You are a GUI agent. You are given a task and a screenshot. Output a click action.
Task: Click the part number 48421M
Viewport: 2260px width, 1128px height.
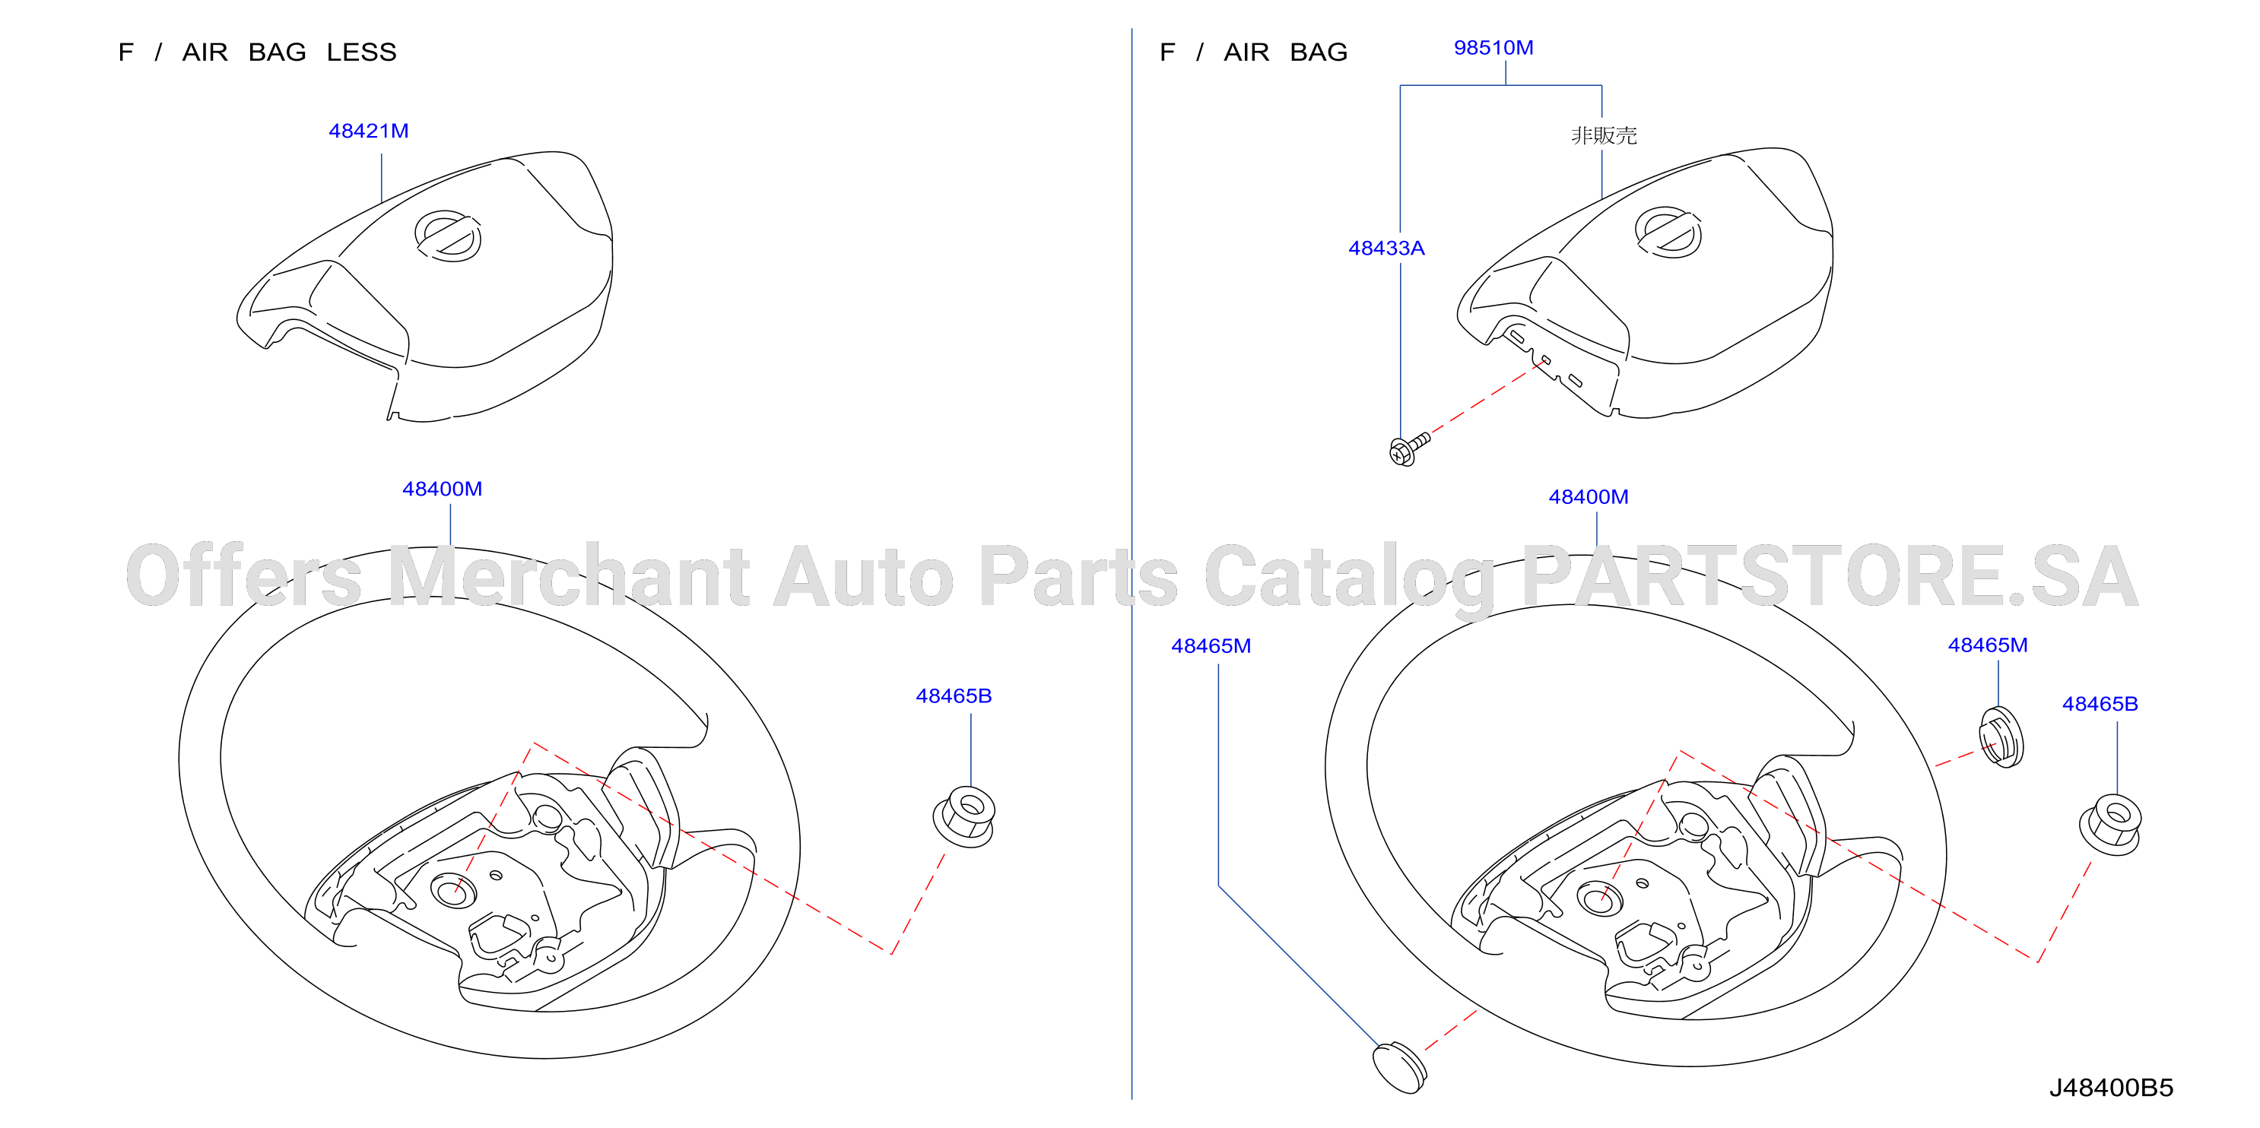[x=369, y=131]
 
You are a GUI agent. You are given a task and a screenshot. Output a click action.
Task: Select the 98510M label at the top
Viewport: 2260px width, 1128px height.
[x=1493, y=47]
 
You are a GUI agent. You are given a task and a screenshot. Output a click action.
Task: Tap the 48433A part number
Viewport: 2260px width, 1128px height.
[x=1386, y=249]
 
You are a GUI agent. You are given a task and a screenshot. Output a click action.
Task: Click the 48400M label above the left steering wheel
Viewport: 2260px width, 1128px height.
[x=442, y=489]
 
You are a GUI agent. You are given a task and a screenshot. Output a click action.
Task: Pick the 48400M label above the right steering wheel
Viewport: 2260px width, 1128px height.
[x=1588, y=496]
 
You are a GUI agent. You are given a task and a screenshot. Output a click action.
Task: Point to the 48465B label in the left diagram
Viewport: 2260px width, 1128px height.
[x=954, y=695]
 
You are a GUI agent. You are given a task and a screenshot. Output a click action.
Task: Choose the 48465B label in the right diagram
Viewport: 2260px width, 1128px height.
[x=2100, y=703]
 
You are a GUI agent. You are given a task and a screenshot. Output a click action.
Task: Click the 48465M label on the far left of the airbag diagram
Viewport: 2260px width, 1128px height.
[x=1211, y=645]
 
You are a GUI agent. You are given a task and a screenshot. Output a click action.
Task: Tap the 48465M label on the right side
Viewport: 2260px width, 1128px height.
[x=1987, y=645]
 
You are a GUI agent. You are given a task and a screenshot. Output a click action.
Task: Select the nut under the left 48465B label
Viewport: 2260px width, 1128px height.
[x=963, y=816]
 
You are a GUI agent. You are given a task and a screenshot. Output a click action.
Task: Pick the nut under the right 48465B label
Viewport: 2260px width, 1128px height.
[x=2110, y=825]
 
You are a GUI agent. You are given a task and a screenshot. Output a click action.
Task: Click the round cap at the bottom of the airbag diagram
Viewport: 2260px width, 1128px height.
[x=1399, y=1067]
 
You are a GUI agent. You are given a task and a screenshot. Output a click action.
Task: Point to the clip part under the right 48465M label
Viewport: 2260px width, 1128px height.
[x=2001, y=737]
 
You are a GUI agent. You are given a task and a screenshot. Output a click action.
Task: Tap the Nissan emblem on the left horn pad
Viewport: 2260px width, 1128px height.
[x=447, y=236]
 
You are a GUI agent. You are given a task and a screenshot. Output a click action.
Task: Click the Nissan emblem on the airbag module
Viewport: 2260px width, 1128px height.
[x=1668, y=233]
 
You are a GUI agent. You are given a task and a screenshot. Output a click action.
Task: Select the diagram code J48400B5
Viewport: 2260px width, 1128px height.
[x=2111, y=1088]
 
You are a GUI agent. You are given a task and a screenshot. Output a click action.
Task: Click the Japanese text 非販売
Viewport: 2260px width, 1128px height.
[x=1604, y=135]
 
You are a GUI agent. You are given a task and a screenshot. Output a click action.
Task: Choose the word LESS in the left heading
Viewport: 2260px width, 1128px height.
[x=361, y=52]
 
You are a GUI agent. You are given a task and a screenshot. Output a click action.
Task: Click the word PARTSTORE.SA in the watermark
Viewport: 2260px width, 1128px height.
[x=1830, y=576]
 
